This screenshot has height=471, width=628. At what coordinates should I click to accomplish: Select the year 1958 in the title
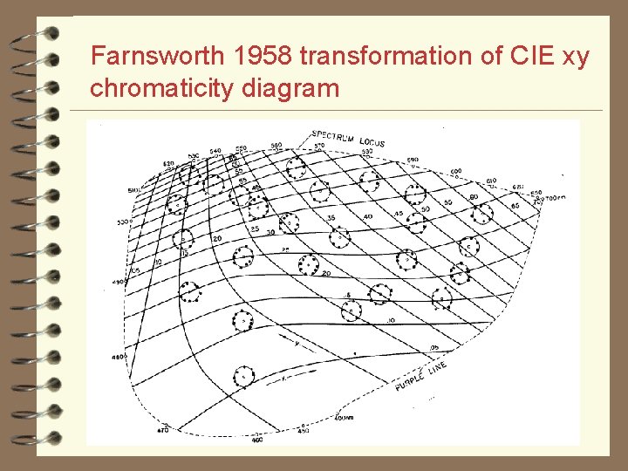(x=262, y=58)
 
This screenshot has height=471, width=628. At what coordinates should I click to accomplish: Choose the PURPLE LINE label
(x=420, y=378)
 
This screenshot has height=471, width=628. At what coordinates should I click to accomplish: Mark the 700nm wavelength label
(x=554, y=199)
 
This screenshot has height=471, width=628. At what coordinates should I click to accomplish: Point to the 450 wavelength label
(x=304, y=431)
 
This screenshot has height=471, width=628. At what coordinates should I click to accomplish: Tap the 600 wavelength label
(x=456, y=171)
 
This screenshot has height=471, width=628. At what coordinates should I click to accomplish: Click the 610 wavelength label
(x=491, y=181)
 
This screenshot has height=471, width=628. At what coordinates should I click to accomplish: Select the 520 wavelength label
(x=168, y=162)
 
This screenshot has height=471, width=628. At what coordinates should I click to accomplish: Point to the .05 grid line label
(x=433, y=346)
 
